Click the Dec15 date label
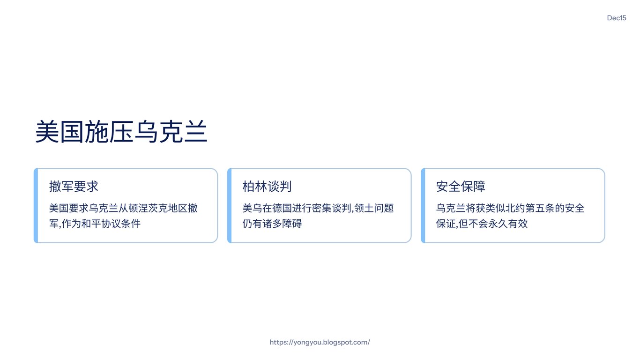[616, 18]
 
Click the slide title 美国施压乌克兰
[121, 132]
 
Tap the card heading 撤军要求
[74, 187]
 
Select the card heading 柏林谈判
[267, 187]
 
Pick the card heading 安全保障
[461, 187]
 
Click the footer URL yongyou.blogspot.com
[320, 342]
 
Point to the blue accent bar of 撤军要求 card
[36, 206]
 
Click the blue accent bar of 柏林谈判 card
[229, 206]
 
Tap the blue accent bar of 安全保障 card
[423, 206]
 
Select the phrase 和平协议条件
[111, 224]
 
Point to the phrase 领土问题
[374, 208]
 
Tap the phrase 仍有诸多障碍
[272, 224]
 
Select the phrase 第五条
[540, 208]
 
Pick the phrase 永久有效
[508, 224]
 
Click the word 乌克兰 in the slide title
[171, 132]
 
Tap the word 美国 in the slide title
[60, 132]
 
